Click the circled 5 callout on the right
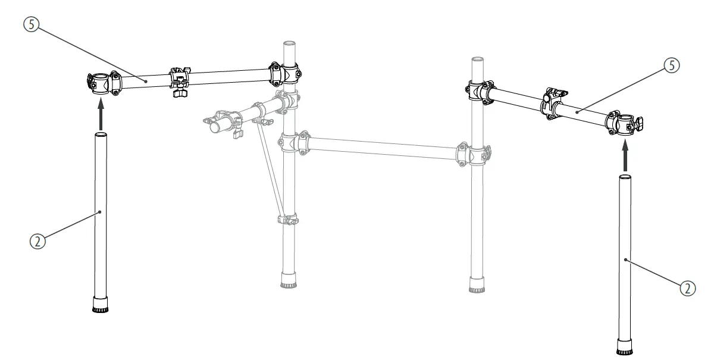[x=671, y=66]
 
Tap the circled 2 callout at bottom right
[x=687, y=287]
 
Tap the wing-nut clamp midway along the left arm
[x=179, y=82]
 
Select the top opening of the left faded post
[x=290, y=43]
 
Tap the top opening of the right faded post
[x=477, y=60]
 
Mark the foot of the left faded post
[x=289, y=280]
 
